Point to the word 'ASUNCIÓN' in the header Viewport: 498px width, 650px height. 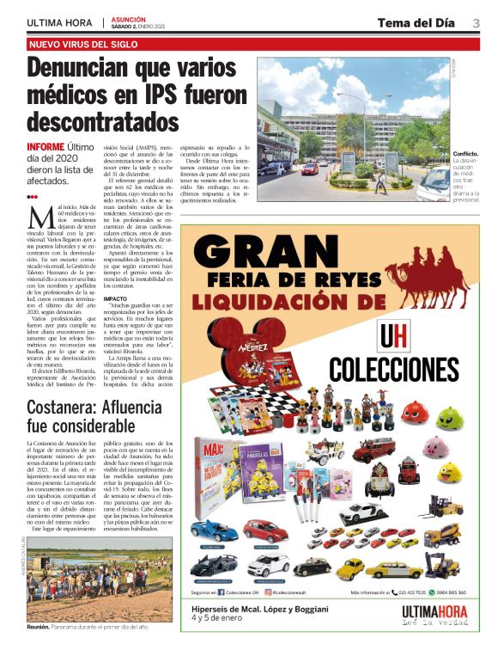tap(128, 19)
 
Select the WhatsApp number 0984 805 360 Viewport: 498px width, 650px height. tap(448, 592)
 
